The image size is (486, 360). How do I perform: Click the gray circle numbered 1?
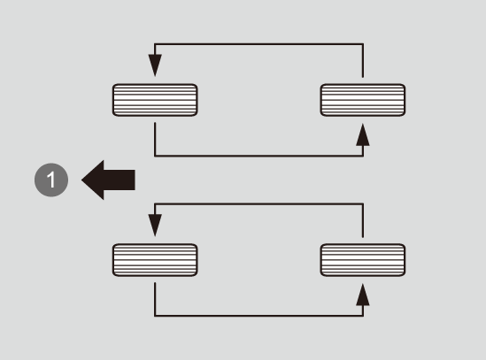point(51,180)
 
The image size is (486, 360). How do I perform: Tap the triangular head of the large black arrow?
point(93,180)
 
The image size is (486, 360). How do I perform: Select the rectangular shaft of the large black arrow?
point(120,180)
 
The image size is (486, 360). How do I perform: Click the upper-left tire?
point(155,100)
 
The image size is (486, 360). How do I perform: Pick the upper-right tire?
point(363,100)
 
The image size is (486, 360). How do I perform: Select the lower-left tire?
point(155,260)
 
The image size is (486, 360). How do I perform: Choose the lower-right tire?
point(363,260)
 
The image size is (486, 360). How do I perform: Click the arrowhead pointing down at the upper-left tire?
point(155,65)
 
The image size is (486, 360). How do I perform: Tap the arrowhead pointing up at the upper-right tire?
point(363,134)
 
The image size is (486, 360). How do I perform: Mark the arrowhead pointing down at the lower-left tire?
point(155,226)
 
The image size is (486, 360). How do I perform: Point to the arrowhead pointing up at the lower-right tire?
point(363,295)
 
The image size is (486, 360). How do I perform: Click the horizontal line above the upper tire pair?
point(258,44)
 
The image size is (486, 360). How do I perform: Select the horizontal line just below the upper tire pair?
point(258,156)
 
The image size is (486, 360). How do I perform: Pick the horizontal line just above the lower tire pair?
point(258,204)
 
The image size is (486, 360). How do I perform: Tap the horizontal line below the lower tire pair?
point(258,316)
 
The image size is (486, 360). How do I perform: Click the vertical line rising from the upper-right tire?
point(363,60)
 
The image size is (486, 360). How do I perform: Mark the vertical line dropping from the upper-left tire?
point(155,140)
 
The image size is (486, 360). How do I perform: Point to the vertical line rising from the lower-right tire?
point(363,220)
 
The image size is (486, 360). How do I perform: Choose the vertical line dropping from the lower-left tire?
point(155,299)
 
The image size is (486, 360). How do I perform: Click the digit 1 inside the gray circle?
point(51,180)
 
